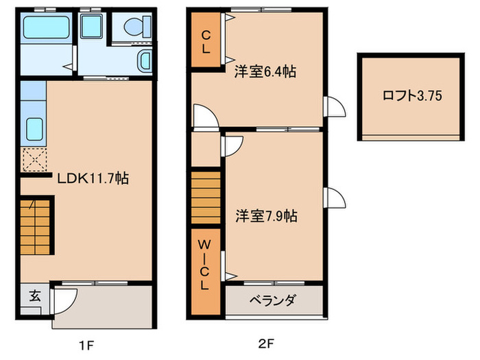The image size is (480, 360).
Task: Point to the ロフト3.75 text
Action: click(x=411, y=96)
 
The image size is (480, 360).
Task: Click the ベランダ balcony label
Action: click(x=272, y=300)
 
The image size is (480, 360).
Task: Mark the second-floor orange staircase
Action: click(x=206, y=198)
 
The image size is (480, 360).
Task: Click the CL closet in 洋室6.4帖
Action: click(x=206, y=40)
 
